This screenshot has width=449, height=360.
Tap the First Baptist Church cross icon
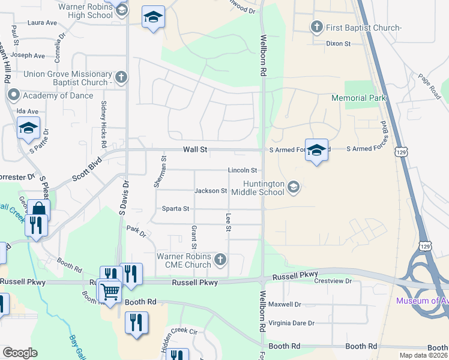click(316, 27)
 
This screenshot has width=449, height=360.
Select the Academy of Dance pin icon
click(13, 95)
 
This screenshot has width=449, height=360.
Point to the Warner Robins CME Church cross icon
click(220, 260)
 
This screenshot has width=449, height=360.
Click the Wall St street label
click(195, 149)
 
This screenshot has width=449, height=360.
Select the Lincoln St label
click(243, 170)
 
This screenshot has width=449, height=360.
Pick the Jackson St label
click(211, 191)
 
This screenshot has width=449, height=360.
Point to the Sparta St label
click(175, 209)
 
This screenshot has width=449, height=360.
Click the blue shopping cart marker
click(110, 292)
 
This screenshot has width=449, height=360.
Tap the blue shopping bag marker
click(38, 211)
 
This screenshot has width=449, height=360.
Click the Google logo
click(20, 353)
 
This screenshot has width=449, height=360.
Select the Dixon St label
click(337, 43)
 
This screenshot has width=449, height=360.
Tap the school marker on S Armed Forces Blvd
click(316, 151)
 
